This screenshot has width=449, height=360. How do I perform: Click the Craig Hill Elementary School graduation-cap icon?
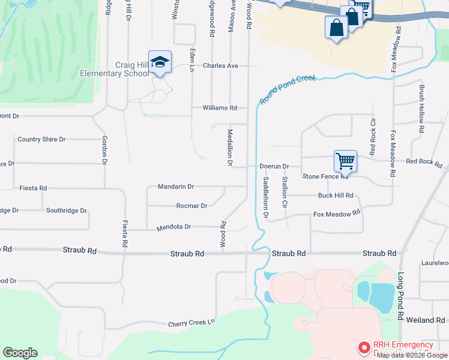click(160, 62)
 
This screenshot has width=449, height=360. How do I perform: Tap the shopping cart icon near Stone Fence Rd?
click(345, 161)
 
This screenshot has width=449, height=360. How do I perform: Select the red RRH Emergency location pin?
click(364, 347)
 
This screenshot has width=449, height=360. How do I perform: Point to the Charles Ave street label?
click(220, 65)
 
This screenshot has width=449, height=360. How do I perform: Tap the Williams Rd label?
click(220, 108)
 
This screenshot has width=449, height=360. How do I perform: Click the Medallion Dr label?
click(229, 147)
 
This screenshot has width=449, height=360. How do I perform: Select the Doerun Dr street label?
click(274, 166)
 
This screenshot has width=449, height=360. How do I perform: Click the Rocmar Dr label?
click(191, 206)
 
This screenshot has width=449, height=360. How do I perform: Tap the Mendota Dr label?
click(173, 227)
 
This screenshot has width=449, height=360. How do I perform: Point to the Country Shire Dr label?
click(41, 139)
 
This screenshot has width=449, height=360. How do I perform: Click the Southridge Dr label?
click(67, 211)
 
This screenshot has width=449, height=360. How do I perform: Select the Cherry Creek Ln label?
click(191, 322)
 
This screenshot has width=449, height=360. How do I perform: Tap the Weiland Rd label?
click(424, 321)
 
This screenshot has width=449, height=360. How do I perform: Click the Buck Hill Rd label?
click(336, 196)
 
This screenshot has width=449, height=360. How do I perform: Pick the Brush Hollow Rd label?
click(422, 109)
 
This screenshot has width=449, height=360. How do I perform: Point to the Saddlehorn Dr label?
click(265, 197)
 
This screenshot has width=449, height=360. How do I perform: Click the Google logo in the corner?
click(20, 353)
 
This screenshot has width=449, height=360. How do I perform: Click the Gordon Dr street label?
click(104, 150)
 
